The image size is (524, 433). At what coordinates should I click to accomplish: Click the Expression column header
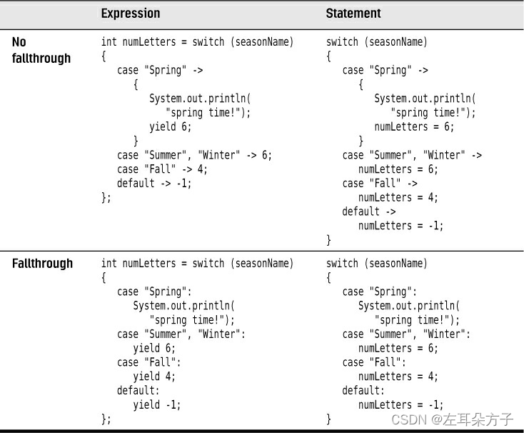coord(131,14)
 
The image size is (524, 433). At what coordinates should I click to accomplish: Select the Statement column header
coord(353,14)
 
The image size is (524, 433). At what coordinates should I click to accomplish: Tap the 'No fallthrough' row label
coord(41,50)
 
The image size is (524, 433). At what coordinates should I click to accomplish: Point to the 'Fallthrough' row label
coord(42,263)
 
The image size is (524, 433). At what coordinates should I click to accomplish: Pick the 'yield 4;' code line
coord(154,376)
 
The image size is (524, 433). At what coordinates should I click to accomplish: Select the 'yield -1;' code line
coord(157,404)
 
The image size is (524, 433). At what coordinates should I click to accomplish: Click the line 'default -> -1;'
coord(154,183)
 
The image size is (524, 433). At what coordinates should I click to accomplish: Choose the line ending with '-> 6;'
coord(194,155)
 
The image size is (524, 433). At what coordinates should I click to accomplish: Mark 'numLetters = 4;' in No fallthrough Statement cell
coord(398,197)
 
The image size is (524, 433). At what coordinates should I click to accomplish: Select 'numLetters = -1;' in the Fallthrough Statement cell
coord(400,404)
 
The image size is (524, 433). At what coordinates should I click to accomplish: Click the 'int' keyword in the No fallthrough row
coord(109,41)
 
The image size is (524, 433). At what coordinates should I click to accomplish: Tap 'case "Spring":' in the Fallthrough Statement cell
coord(379,292)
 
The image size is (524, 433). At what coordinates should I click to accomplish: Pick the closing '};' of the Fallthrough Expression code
coord(106,419)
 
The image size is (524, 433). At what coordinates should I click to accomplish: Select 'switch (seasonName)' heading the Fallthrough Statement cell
coord(377,263)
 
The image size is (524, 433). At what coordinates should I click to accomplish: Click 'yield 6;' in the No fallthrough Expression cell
coord(171,126)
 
